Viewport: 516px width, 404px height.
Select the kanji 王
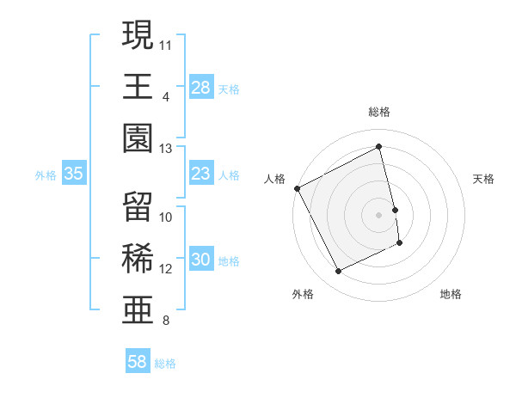[138, 86]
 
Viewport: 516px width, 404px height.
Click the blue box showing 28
[201, 87]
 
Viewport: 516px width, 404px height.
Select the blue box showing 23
[201, 174]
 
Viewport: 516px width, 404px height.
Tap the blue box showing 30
[201, 260]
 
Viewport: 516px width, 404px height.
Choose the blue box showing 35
[74, 174]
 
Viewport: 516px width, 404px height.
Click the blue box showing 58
[138, 363]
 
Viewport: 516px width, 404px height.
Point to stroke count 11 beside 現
[166, 43]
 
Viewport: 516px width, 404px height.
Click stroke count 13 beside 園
[166, 149]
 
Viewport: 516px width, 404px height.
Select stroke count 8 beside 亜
[165, 322]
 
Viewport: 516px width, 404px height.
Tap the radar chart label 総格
[379, 112]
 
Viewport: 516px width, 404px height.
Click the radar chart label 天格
[484, 179]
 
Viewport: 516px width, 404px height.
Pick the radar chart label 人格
[274, 179]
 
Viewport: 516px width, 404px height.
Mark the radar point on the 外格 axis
[338, 272]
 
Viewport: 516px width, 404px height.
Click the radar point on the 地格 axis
[401, 244]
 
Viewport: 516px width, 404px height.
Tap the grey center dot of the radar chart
[379, 214]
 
